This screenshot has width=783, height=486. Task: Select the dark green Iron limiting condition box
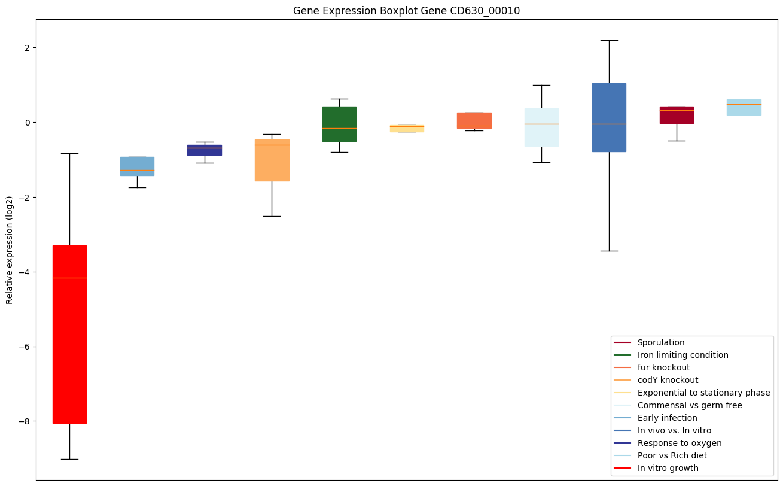click(x=339, y=124)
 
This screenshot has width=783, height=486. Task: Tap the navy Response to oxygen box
click(x=205, y=150)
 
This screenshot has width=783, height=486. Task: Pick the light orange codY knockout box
click(x=272, y=160)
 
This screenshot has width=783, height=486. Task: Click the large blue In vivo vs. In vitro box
click(x=609, y=117)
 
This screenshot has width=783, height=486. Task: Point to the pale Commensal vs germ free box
click(x=541, y=127)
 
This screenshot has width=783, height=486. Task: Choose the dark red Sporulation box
click(x=677, y=115)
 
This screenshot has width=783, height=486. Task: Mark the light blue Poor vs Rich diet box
click(x=744, y=108)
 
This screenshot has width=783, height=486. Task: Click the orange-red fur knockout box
click(x=474, y=120)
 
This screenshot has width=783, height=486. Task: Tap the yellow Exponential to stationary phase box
click(x=407, y=129)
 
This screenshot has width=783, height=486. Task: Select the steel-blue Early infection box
click(x=137, y=166)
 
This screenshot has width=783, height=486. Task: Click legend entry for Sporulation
click(x=660, y=342)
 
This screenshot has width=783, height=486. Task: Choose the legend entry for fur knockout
click(x=663, y=367)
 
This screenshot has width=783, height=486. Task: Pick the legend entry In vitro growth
click(x=668, y=468)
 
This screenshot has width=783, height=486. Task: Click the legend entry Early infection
click(x=667, y=418)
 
